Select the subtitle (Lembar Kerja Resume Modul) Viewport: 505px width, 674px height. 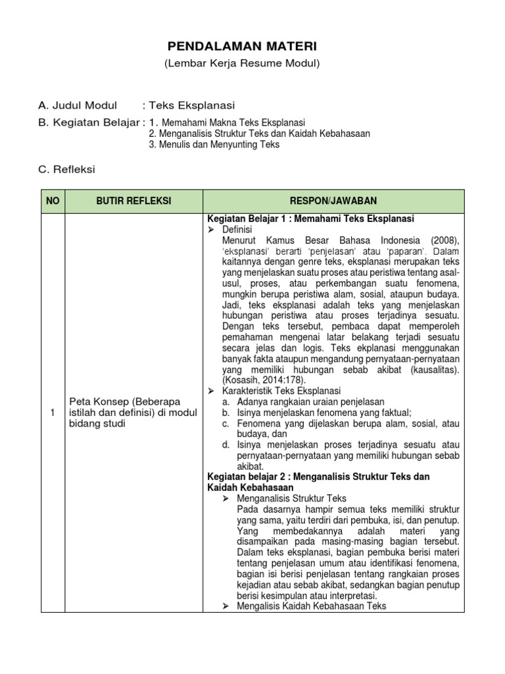coord(241,63)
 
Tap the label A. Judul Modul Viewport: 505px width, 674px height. coord(78,105)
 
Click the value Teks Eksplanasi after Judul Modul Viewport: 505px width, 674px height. coord(192,105)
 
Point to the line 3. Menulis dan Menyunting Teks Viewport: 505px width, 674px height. coord(214,145)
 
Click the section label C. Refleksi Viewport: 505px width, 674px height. coord(67,169)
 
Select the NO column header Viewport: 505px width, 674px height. coord(52,201)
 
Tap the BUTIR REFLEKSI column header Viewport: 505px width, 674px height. coord(133,201)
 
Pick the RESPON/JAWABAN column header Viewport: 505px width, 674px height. coord(334,201)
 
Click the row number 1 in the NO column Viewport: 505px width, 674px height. coord(52,412)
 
